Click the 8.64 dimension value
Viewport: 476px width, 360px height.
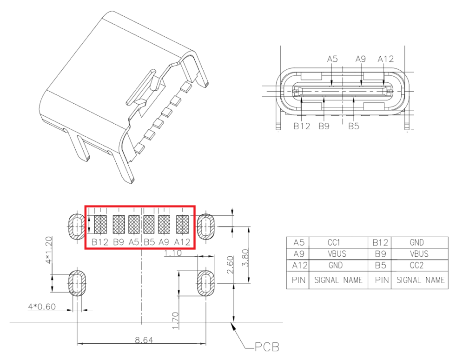tap(142, 340)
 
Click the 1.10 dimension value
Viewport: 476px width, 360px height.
tap(173, 253)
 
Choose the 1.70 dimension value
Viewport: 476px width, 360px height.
tap(175, 321)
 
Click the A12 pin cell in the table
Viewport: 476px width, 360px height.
tap(297, 266)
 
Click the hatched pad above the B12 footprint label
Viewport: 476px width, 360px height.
tap(100, 225)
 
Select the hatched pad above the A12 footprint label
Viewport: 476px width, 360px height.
tap(183, 225)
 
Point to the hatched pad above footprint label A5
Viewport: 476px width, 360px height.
tap(134, 225)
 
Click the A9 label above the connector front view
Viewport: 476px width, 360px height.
tap(361, 59)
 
